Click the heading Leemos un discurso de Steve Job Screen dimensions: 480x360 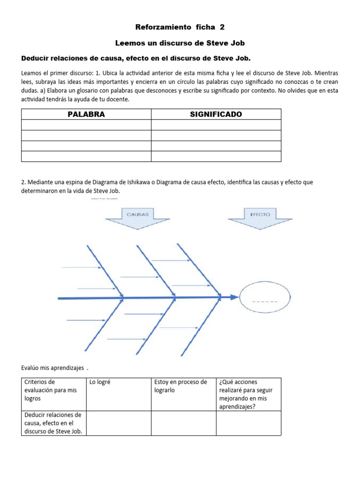click(180, 43)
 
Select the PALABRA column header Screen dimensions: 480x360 click(86, 114)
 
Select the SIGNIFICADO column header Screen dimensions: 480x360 click(216, 114)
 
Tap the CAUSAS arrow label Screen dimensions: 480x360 click(138, 214)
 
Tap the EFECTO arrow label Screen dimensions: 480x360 click(260, 214)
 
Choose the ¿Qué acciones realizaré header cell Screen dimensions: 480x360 click(248, 394)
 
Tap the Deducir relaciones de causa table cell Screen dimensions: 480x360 click(54, 423)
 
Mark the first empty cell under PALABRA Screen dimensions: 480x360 click(86, 125)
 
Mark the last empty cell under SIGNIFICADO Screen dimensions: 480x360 click(216, 156)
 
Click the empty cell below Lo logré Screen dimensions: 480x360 click(119, 423)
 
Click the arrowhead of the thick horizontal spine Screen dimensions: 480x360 click(235, 297)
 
